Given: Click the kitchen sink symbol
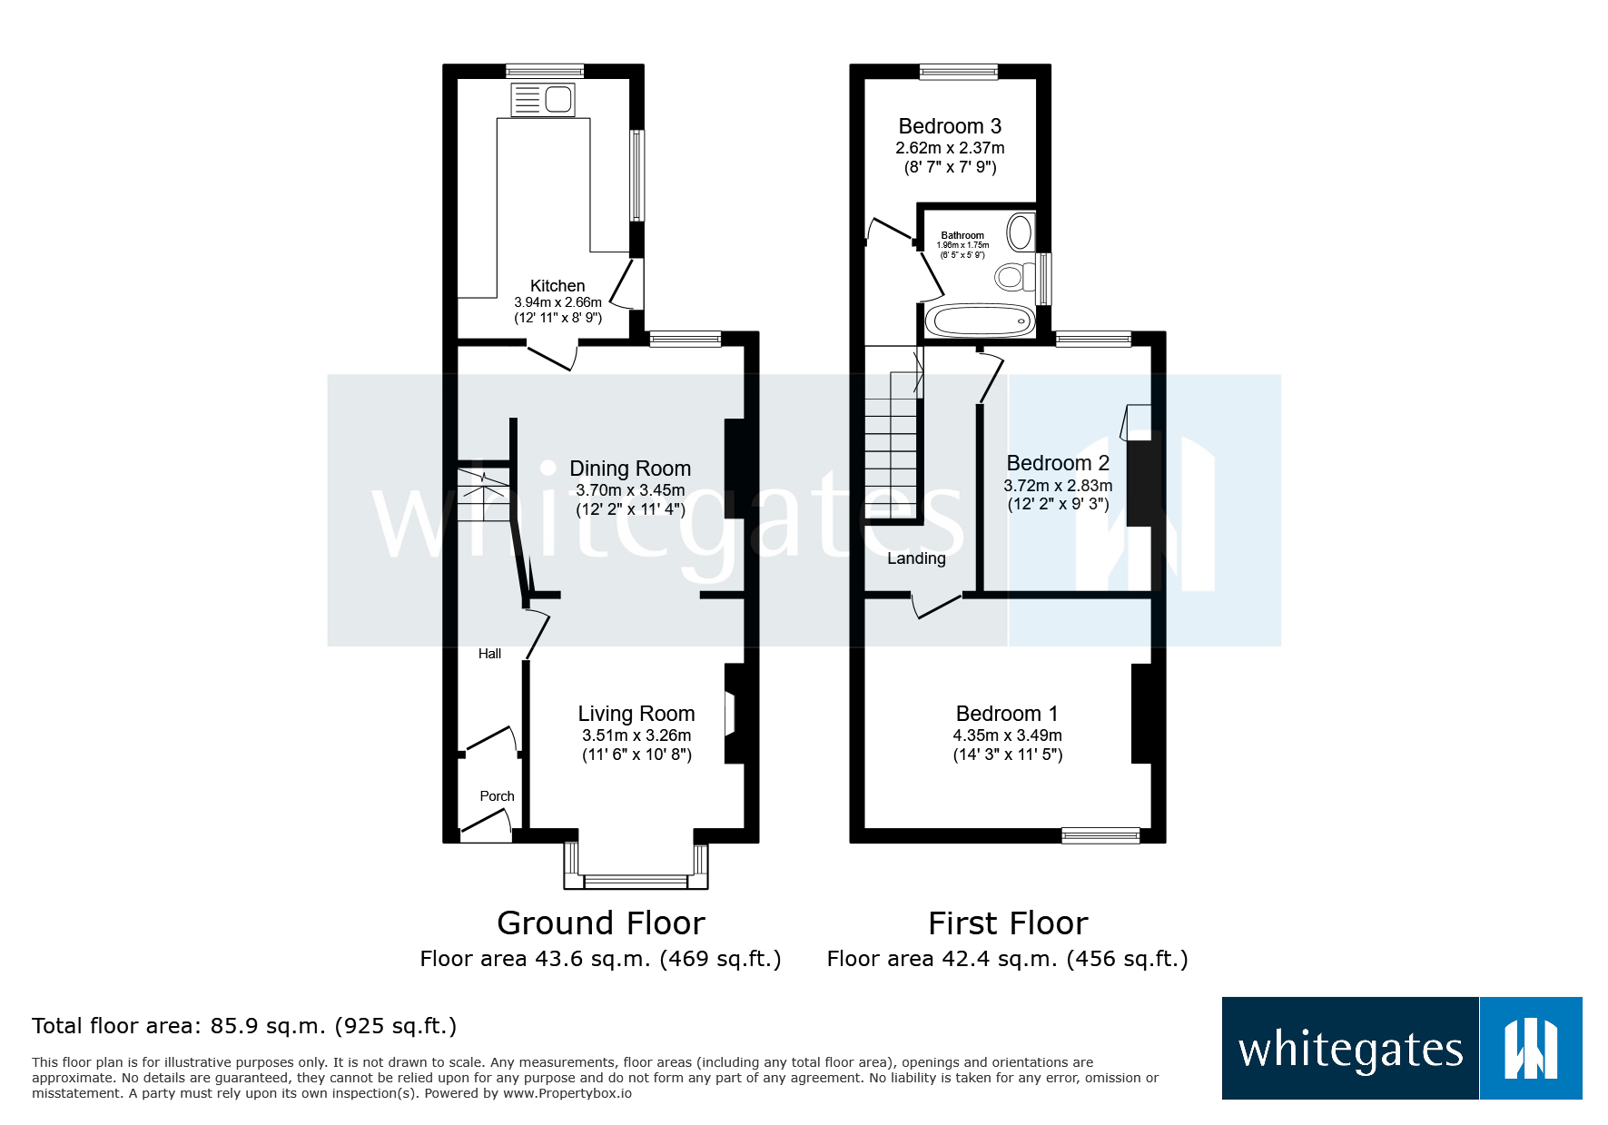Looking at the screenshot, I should (543, 100).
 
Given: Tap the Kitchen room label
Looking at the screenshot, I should (557, 286).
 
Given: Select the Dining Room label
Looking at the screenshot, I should (629, 469).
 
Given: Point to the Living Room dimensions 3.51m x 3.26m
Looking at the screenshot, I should (636, 735).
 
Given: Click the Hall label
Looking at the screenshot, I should (489, 654).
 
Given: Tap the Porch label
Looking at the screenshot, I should (497, 796).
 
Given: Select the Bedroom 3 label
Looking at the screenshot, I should (949, 126).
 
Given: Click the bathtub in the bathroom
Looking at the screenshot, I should (980, 321).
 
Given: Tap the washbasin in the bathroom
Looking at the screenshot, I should (1021, 232).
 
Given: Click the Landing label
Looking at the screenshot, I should (916, 558).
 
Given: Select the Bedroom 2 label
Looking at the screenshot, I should (1057, 463).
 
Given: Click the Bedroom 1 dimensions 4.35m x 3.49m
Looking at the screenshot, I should (1007, 735).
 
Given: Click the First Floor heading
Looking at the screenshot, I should (1007, 923).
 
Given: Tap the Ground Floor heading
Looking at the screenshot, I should (600, 923).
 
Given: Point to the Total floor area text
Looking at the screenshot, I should (243, 1026).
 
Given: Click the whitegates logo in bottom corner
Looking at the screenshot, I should (1401, 1049).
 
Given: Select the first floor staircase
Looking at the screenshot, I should (891, 445).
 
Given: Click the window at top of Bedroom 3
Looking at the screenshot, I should (958, 72).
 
